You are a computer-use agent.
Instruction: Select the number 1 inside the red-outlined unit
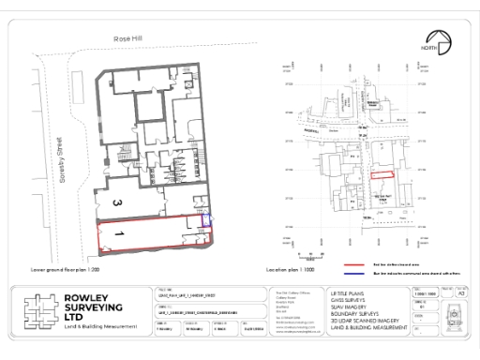tap(120, 229)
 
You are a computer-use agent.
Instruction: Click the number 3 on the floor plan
tap(114, 202)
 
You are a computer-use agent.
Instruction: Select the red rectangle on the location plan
tap(381, 174)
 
